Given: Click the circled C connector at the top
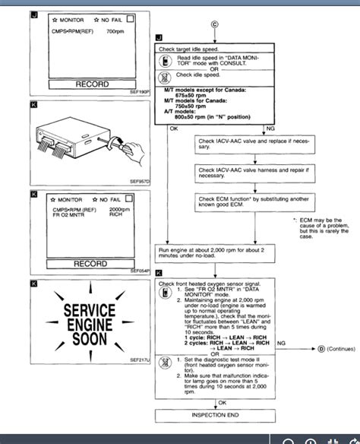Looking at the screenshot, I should [214, 24].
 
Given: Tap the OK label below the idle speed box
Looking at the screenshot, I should [173, 128].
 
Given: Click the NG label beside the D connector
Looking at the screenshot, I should [282, 344].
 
